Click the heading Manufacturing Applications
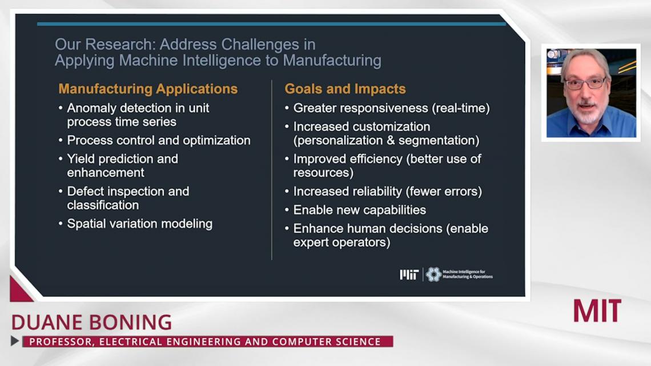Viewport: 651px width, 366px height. pos(148,89)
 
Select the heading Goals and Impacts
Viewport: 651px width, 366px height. pos(345,89)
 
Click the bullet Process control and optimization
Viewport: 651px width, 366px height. pos(159,141)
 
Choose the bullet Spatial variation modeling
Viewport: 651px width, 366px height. pos(139,224)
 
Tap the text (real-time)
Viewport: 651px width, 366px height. pos(461,108)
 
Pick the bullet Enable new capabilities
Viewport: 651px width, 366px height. pos(360,210)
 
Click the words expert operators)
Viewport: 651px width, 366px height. pos(341,242)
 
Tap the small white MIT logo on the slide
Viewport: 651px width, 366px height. pos(409,274)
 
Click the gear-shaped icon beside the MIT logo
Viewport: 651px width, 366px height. pos(433,274)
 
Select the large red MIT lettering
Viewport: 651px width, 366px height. pos(597,311)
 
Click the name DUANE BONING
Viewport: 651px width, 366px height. pos(91,323)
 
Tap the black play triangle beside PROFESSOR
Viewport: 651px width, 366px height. pos(15,341)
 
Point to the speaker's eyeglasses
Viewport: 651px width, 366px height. pos(585,83)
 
